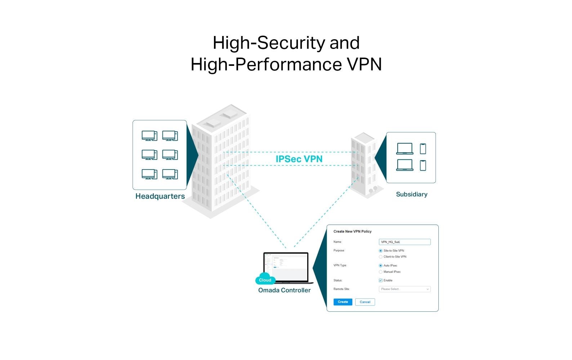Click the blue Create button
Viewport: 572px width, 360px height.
tap(343, 302)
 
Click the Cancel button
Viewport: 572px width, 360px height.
tap(365, 302)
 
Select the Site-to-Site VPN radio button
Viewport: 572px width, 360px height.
tap(380, 251)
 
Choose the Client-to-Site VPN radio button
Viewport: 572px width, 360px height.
tap(380, 257)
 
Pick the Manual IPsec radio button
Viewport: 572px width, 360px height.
tap(380, 272)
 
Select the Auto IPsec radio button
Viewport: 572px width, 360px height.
tap(380, 265)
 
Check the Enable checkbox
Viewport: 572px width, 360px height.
tap(380, 280)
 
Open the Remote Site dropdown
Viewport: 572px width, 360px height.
tap(405, 289)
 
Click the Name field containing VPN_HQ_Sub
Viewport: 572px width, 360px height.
tap(405, 242)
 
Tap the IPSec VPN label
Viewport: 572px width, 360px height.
tap(299, 159)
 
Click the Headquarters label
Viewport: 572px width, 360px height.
tap(160, 196)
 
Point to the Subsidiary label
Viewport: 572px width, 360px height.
tap(411, 194)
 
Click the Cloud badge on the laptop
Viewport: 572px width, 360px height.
tap(265, 280)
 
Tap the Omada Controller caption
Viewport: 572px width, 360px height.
tap(284, 290)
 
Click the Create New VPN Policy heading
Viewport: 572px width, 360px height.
tap(352, 231)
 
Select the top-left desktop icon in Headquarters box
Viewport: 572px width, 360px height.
tap(149, 136)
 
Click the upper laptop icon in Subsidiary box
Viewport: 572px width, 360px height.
tap(405, 148)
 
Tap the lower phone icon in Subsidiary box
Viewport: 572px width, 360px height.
tap(423, 165)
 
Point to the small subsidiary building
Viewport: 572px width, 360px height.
tap(363, 164)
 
